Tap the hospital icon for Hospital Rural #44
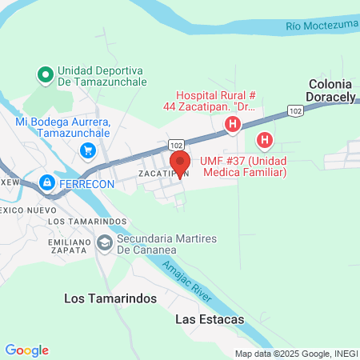pyautogui.click(x=233, y=124)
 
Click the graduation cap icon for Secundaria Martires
pyautogui.click(x=104, y=242)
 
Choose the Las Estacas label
pyautogui.click(x=209, y=318)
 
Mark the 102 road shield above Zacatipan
pyautogui.click(x=177, y=144)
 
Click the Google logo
pyautogui.click(x=26, y=350)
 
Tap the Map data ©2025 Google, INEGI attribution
pyautogui.click(x=296, y=354)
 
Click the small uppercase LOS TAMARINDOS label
pyautogui.click(x=88, y=221)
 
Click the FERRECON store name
pyautogui.click(x=87, y=183)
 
